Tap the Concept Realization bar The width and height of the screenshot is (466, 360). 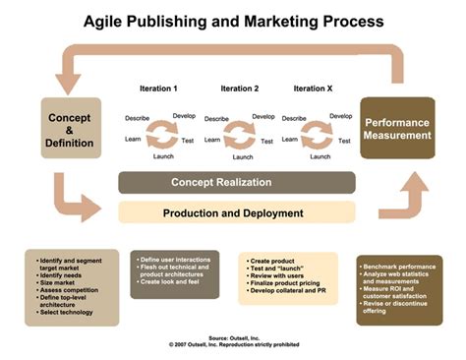pyautogui.click(x=236, y=183)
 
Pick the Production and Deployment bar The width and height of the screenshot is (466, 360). pyautogui.click(x=236, y=212)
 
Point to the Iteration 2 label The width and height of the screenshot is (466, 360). pyautogui.click(x=240, y=89)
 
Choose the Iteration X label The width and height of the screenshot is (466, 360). pyautogui.click(x=316, y=89)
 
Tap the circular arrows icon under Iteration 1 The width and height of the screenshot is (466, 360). pyautogui.click(x=161, y=132)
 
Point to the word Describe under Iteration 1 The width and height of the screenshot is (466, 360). pyautogui.click(x=138, y=118)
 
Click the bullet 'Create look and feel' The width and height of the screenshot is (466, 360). pyautogui.click(x=174, y=282)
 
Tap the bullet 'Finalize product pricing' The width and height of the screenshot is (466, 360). pyautogui.click(x=287, y=283)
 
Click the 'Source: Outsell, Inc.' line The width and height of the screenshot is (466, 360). pyautogui.click(x=234, y=336)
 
